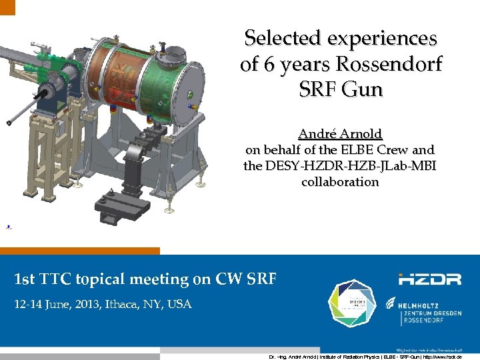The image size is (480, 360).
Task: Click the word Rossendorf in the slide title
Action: [390, 65]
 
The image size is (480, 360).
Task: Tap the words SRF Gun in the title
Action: [340, 89]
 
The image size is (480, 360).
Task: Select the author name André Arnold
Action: [340, 135]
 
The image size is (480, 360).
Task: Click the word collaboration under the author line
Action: [340, 181]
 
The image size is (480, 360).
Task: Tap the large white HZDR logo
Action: [430, 279]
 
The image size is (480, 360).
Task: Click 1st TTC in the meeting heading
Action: [43, 279]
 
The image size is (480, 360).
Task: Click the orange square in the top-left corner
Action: [7, 7]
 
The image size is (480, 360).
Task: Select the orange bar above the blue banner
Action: [80, 251]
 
